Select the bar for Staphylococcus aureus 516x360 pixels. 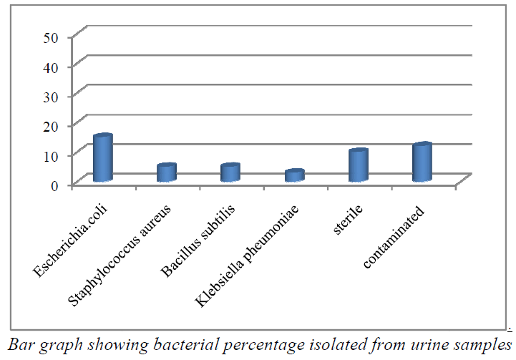click(167, 172)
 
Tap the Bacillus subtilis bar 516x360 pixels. click(230, 172)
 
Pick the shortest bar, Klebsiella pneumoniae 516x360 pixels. click(294, 175)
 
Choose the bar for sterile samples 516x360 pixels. click(358, 165)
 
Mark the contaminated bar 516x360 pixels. click(422, 162)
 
